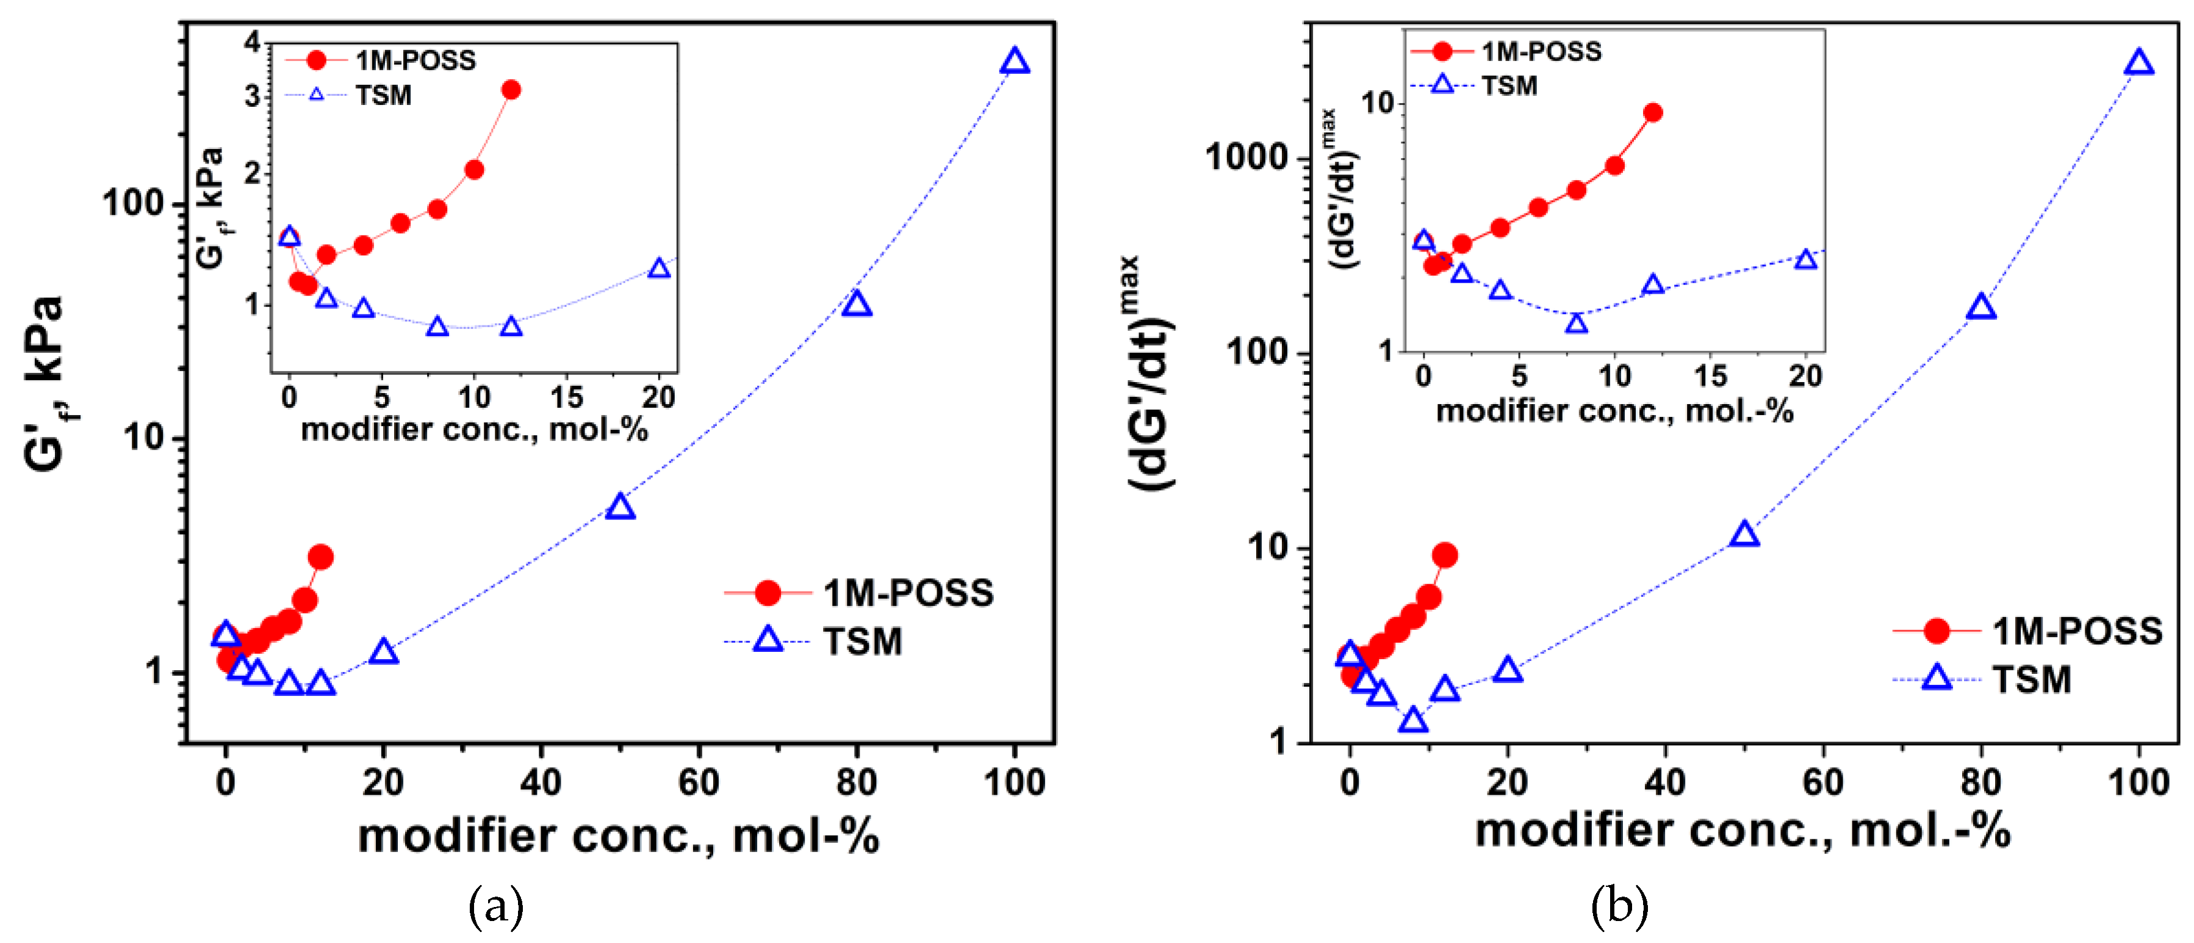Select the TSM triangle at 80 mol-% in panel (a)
(x=856, y=304)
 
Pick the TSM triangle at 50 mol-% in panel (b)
(x=1744, y=535)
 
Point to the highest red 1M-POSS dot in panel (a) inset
(x=511, y=90)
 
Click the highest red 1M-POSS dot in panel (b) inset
(x=1652, y=112)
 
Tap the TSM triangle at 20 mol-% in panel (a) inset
(x=658, y=269)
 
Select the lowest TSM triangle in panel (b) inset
(x=1577, y=323)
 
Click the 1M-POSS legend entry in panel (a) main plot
(x=860, y=593)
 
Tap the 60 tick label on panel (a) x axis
(x=699, y=782)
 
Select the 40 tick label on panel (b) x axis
(x=1665, y=782)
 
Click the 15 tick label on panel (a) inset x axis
(x=566, y=397)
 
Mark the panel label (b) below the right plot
(x=1618, y=906)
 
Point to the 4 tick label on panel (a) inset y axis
(x=252, y=41)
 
